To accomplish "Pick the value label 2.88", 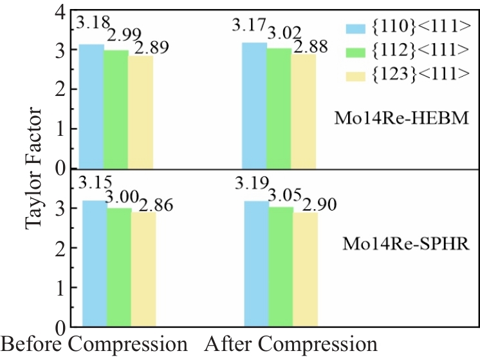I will [310, 46].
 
